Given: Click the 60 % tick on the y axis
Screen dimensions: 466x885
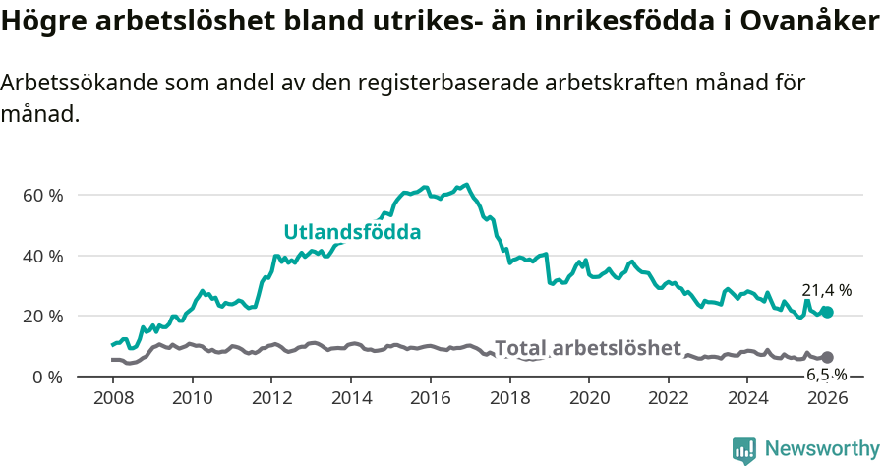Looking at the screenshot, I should pos(42,195).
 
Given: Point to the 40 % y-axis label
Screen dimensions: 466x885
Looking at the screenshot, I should pos(42,256).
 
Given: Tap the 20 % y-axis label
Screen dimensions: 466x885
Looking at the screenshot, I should pos(42,316).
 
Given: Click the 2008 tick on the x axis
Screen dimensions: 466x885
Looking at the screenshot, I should pos(113,398).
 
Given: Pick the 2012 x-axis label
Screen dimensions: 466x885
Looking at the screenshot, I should pos(271,398).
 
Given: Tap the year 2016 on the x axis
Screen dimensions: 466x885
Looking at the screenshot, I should pos(431,398).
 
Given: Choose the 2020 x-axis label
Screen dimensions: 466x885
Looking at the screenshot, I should pos(589,398).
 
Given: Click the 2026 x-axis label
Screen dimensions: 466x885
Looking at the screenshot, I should pos(827,398).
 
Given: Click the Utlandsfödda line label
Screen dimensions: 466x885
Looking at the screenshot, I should pos(352,233).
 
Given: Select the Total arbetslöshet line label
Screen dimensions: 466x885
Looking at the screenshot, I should pos(587,348).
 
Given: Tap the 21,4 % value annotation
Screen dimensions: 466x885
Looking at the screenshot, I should pos(826,290).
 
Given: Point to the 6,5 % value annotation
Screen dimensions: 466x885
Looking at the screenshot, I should pos(826,375).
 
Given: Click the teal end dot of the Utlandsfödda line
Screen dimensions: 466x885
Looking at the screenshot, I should pos(827,312).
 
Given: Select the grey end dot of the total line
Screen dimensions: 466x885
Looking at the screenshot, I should pos(827,357).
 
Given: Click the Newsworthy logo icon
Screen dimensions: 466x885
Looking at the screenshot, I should pos(744,449).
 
